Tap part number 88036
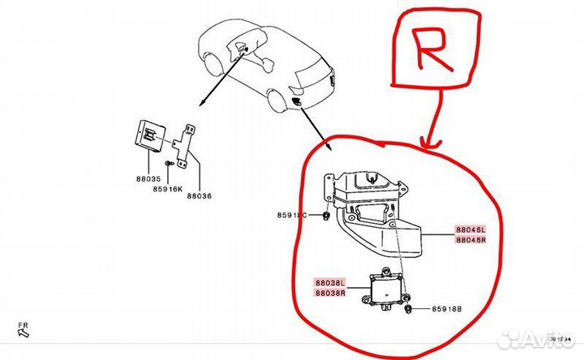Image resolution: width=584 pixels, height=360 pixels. coord(200,195)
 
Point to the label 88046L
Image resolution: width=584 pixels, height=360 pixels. coord(470,229)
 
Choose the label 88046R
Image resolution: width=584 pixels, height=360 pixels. coord(470,240)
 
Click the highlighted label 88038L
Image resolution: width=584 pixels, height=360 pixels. coord(330,281)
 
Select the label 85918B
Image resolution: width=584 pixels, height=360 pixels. coord(445,309)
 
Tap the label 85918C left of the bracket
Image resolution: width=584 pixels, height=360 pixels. coord(291,215)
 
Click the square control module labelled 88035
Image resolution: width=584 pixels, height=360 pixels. coord(151,136)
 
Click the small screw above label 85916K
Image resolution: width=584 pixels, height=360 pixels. coord(166,165)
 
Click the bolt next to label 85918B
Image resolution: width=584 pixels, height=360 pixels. coord(415,309)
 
